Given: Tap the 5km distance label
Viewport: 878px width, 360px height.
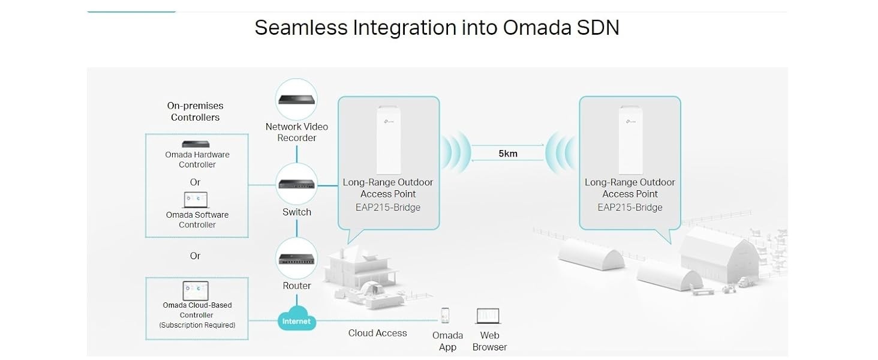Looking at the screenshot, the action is point(507,154).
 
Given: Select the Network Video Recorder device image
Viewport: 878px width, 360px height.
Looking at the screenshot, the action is point(296,100).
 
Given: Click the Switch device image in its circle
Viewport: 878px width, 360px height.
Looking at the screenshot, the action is point(296,184).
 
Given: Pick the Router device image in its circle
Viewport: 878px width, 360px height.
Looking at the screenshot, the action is point(296,259).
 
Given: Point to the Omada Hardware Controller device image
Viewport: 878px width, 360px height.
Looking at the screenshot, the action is point(196,144).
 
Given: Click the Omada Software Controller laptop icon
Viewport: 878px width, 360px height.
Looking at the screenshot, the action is point(196,200).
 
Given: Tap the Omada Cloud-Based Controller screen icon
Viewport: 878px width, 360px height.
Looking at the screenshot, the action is point(196,290).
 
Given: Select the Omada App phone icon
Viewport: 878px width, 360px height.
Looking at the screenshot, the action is point(445,315).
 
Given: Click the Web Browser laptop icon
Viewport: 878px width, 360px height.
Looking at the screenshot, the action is point(488,316).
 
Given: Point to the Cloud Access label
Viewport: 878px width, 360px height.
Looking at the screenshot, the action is point(377,333).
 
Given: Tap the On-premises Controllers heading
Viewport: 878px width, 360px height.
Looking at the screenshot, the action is point(195,112).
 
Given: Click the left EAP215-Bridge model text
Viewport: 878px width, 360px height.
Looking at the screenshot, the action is point(387,208).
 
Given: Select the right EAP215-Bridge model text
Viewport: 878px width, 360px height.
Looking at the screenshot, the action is point(630,208).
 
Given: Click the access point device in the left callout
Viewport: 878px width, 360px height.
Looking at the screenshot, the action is point(389,140).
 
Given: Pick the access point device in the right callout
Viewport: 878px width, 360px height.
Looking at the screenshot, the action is point(630,140).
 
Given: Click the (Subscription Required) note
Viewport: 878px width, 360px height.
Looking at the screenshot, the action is point(197,325).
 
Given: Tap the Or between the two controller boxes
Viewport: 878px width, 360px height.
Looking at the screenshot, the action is point(195,256).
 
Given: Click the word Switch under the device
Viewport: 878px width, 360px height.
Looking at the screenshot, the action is point(297,212).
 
